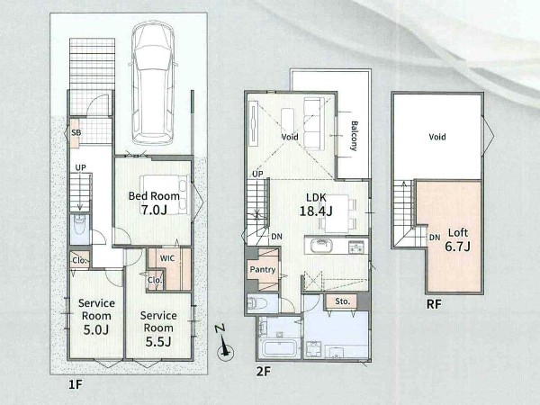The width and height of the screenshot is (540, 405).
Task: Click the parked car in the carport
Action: [x=154, y=83]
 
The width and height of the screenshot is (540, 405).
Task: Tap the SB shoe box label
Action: [x=76, y=132]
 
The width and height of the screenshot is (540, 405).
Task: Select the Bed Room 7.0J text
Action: [x=154, y=202]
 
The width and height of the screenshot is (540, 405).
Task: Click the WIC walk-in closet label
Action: [x=167, y=258]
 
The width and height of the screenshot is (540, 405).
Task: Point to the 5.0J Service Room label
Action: [x=96, y=316]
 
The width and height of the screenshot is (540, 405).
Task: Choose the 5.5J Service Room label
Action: [x=158, y=328]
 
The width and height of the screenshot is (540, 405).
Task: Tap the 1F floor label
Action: [x=76, y=384]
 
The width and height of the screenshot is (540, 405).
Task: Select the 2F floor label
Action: [x=264, y=372]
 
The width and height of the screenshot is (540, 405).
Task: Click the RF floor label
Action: [x=434, y=304]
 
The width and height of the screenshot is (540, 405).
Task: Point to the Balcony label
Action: [x=354, y=136]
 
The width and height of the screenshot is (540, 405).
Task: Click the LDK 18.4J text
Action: [x=316, y=204]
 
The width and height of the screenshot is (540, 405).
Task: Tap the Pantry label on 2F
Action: [x=263, y=269]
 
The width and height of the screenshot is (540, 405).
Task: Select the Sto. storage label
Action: [x=342, y=301]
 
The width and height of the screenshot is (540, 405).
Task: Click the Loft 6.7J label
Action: [x=458, y=239]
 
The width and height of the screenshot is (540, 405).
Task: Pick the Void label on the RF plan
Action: [x=437, y=137]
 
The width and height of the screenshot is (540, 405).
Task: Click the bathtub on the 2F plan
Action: [x=279, y=348]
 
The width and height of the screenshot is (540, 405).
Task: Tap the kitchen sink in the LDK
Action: [x=321, y=247]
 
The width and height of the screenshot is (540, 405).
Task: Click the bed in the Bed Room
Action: [x=166, y=194]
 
